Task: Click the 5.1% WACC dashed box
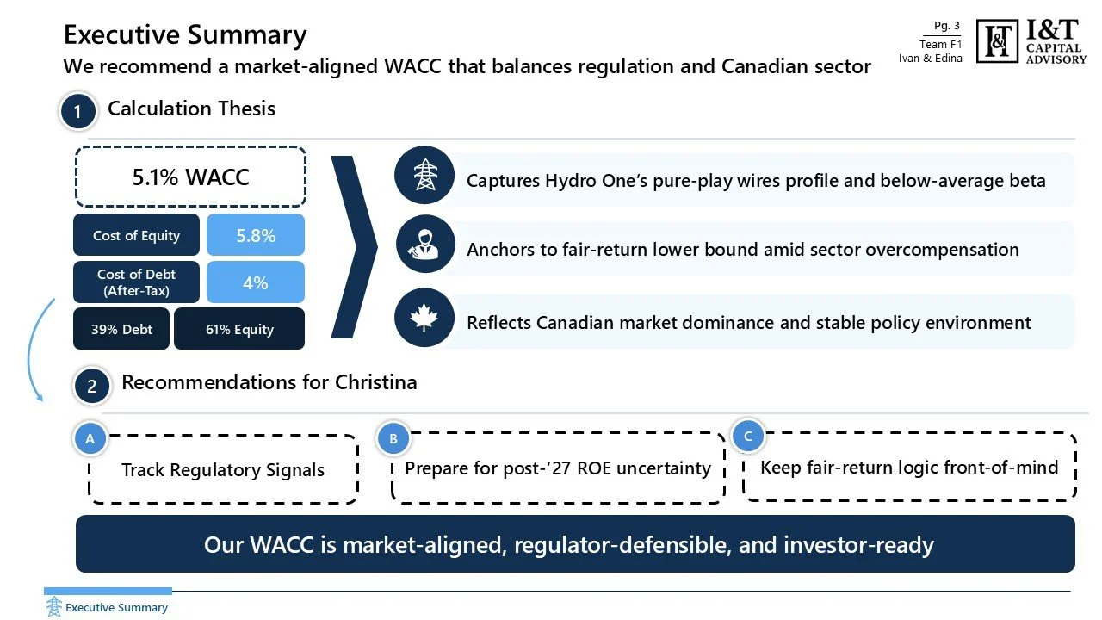point(190,177)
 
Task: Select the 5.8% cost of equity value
point(256,235)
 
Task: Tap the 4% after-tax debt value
point(256,282)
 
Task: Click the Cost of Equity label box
point(136,235)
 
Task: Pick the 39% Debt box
point(121,329)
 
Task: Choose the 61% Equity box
point(239,329)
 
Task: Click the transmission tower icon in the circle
point(424,176)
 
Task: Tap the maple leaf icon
point(424,318)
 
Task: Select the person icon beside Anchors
point(424,245)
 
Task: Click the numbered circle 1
point(77,112)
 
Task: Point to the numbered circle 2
point(91,387)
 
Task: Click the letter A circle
point(90,439)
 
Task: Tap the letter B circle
point(393,439)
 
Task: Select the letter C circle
point(747,437)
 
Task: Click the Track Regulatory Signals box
point(223,470)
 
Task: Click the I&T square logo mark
point(998,40)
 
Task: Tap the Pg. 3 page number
point(947,26)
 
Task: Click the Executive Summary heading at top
point(185,35)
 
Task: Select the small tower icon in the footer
point(54,606)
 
